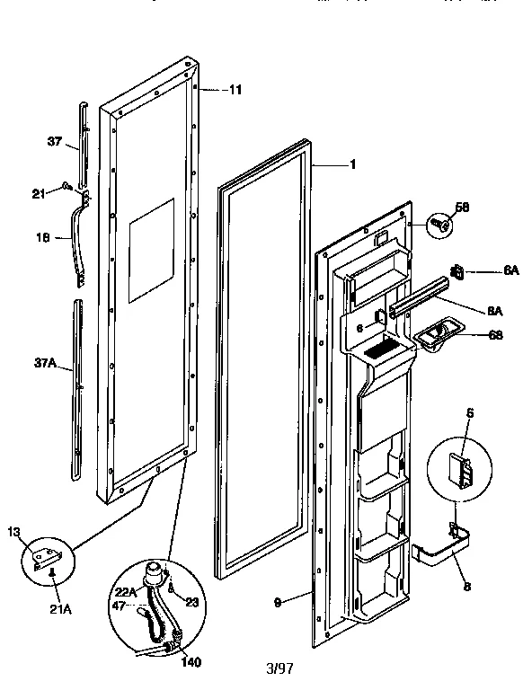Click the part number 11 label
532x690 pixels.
point(235,89)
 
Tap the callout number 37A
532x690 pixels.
point(46,364)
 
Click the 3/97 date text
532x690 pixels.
point(279,670)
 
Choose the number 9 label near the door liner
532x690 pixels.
point(279,602)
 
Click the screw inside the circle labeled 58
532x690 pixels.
point(441,224)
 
